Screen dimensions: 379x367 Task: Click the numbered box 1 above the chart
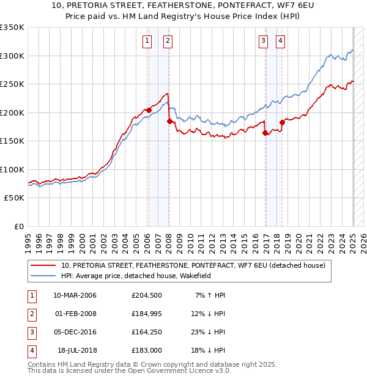(147, 41)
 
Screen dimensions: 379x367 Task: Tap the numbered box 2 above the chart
(167, 41)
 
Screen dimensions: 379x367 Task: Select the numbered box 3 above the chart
(263, 41)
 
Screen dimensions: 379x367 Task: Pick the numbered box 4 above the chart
(280, 41)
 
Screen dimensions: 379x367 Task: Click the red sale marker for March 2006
(149, 111)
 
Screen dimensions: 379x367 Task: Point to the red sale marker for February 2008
(169, 122)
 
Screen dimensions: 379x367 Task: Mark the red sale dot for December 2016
(265, 133)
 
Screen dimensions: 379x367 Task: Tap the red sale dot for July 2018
(283, 122)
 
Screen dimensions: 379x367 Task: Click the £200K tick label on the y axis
(12, 112)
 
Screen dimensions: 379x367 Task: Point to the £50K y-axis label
(13, 198)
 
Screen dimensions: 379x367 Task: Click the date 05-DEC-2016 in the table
(75, 332)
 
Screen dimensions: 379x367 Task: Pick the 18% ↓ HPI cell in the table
(210, 350)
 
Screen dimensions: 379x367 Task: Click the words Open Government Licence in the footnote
(183, 370)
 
